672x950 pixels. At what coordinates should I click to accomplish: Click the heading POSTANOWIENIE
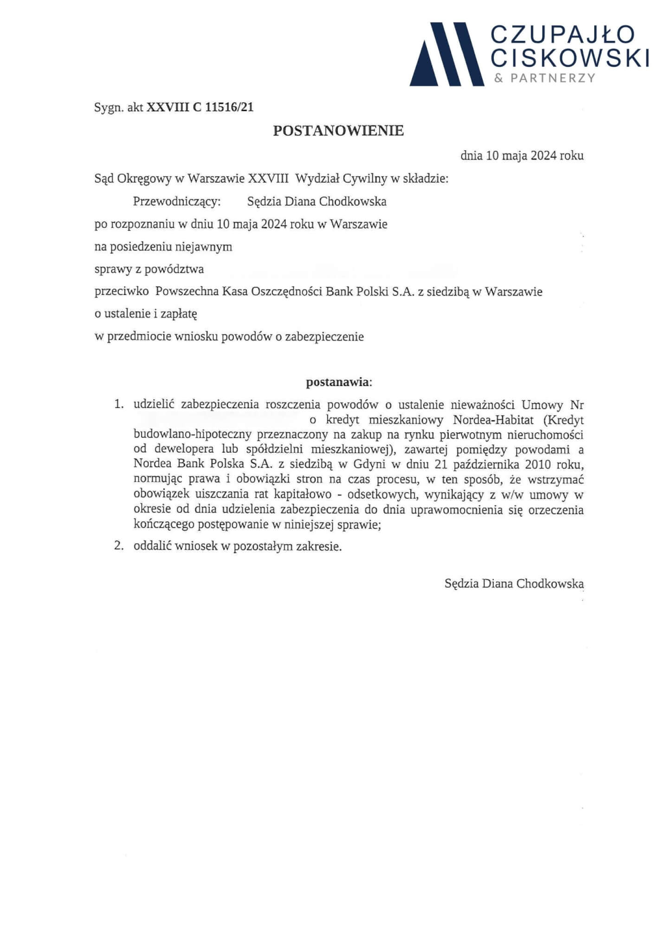tap(338, 131)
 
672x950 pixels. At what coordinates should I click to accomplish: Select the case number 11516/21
tap(229, 108)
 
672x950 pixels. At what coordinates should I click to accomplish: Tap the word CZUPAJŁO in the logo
tap(562, 35)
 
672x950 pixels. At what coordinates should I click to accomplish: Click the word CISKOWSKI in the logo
tap(570, 58)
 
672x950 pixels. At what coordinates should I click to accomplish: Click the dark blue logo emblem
tap(446, 55)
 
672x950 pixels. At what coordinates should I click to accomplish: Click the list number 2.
tap(119, 546)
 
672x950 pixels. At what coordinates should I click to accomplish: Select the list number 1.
tap(119, 404)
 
